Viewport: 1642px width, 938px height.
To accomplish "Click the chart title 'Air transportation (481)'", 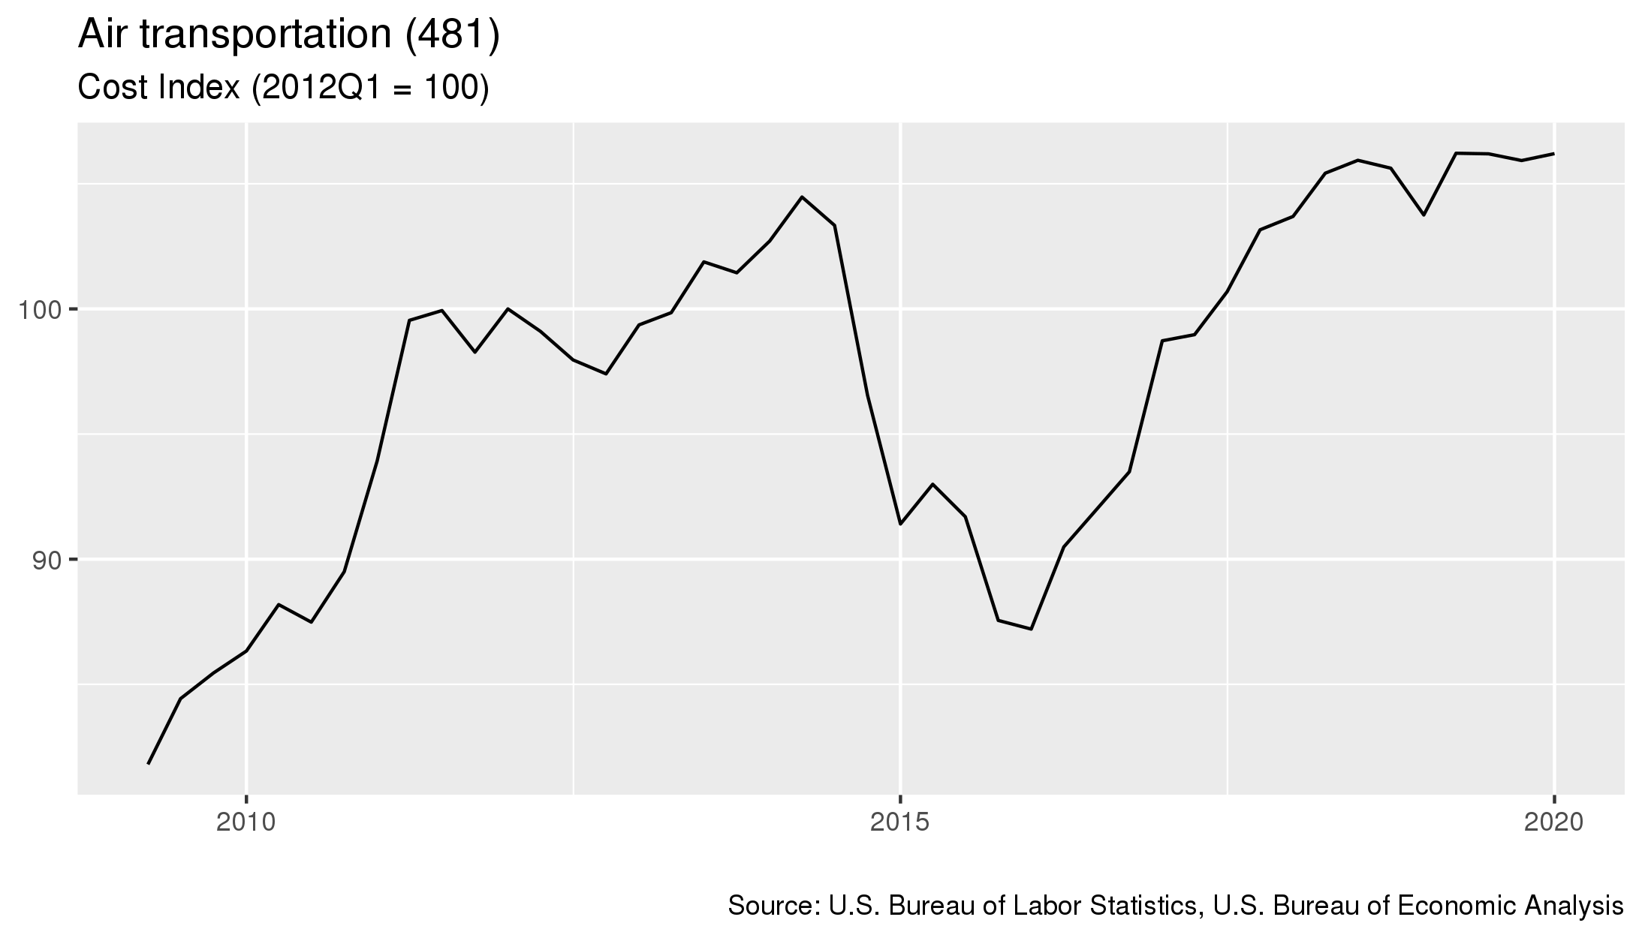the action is [x=288, y=36].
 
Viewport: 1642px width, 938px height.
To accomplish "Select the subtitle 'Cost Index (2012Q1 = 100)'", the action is [x=284, y=89].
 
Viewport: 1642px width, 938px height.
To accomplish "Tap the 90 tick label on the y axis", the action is [x=49, y=560].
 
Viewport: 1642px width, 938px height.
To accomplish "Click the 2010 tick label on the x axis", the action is [x=246, y=822].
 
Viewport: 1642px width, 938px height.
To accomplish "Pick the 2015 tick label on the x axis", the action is [x=900, y=822].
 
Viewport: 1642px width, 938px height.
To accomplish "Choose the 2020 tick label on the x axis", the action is [x=1553, y=822].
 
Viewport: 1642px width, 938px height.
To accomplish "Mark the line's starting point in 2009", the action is [x=149, y=763].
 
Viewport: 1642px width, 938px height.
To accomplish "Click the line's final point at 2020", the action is [x=1553, y=154].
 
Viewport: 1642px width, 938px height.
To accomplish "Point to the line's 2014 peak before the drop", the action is [x=802, y=197].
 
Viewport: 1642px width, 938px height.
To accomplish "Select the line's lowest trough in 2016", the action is [x=1031, y=629].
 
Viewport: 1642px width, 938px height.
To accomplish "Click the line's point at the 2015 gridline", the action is [x=900, y=524].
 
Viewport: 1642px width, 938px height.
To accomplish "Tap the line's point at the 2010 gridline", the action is [x=246, y=651].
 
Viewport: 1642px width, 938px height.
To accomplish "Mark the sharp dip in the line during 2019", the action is [x=1423, y=215].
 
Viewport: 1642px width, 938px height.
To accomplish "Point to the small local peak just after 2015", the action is [x=932, y=484].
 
